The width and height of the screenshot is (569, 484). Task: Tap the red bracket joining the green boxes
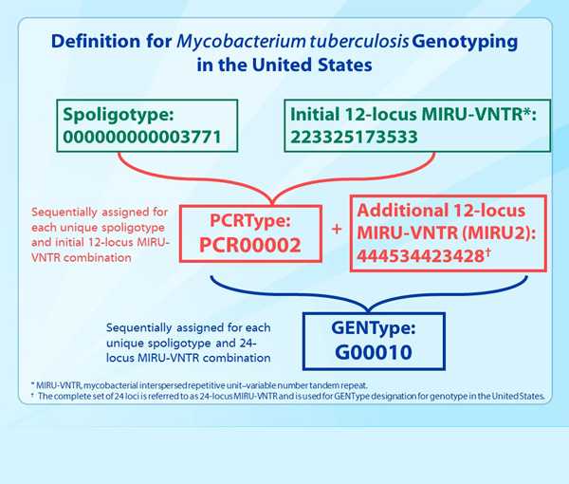pyautogui.click(x=270, y=180)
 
